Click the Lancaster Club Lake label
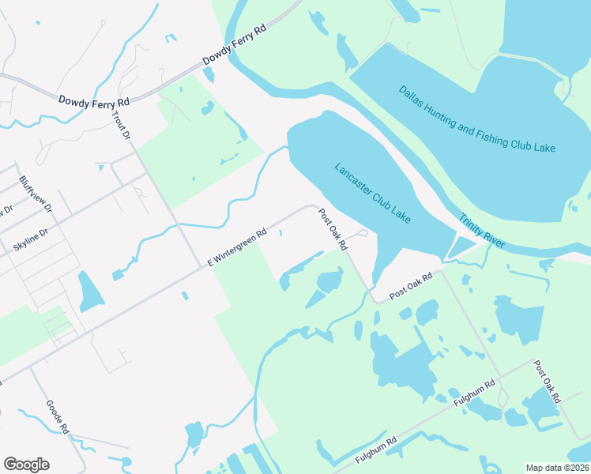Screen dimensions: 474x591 pos(372,193)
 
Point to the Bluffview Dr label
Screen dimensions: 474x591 pos(35,194)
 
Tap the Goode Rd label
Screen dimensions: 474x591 pos(57,416)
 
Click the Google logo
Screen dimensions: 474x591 pos(26,465)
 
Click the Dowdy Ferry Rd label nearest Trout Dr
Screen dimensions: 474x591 pos(93,101)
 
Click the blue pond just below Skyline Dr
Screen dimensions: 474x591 pos(91,293)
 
